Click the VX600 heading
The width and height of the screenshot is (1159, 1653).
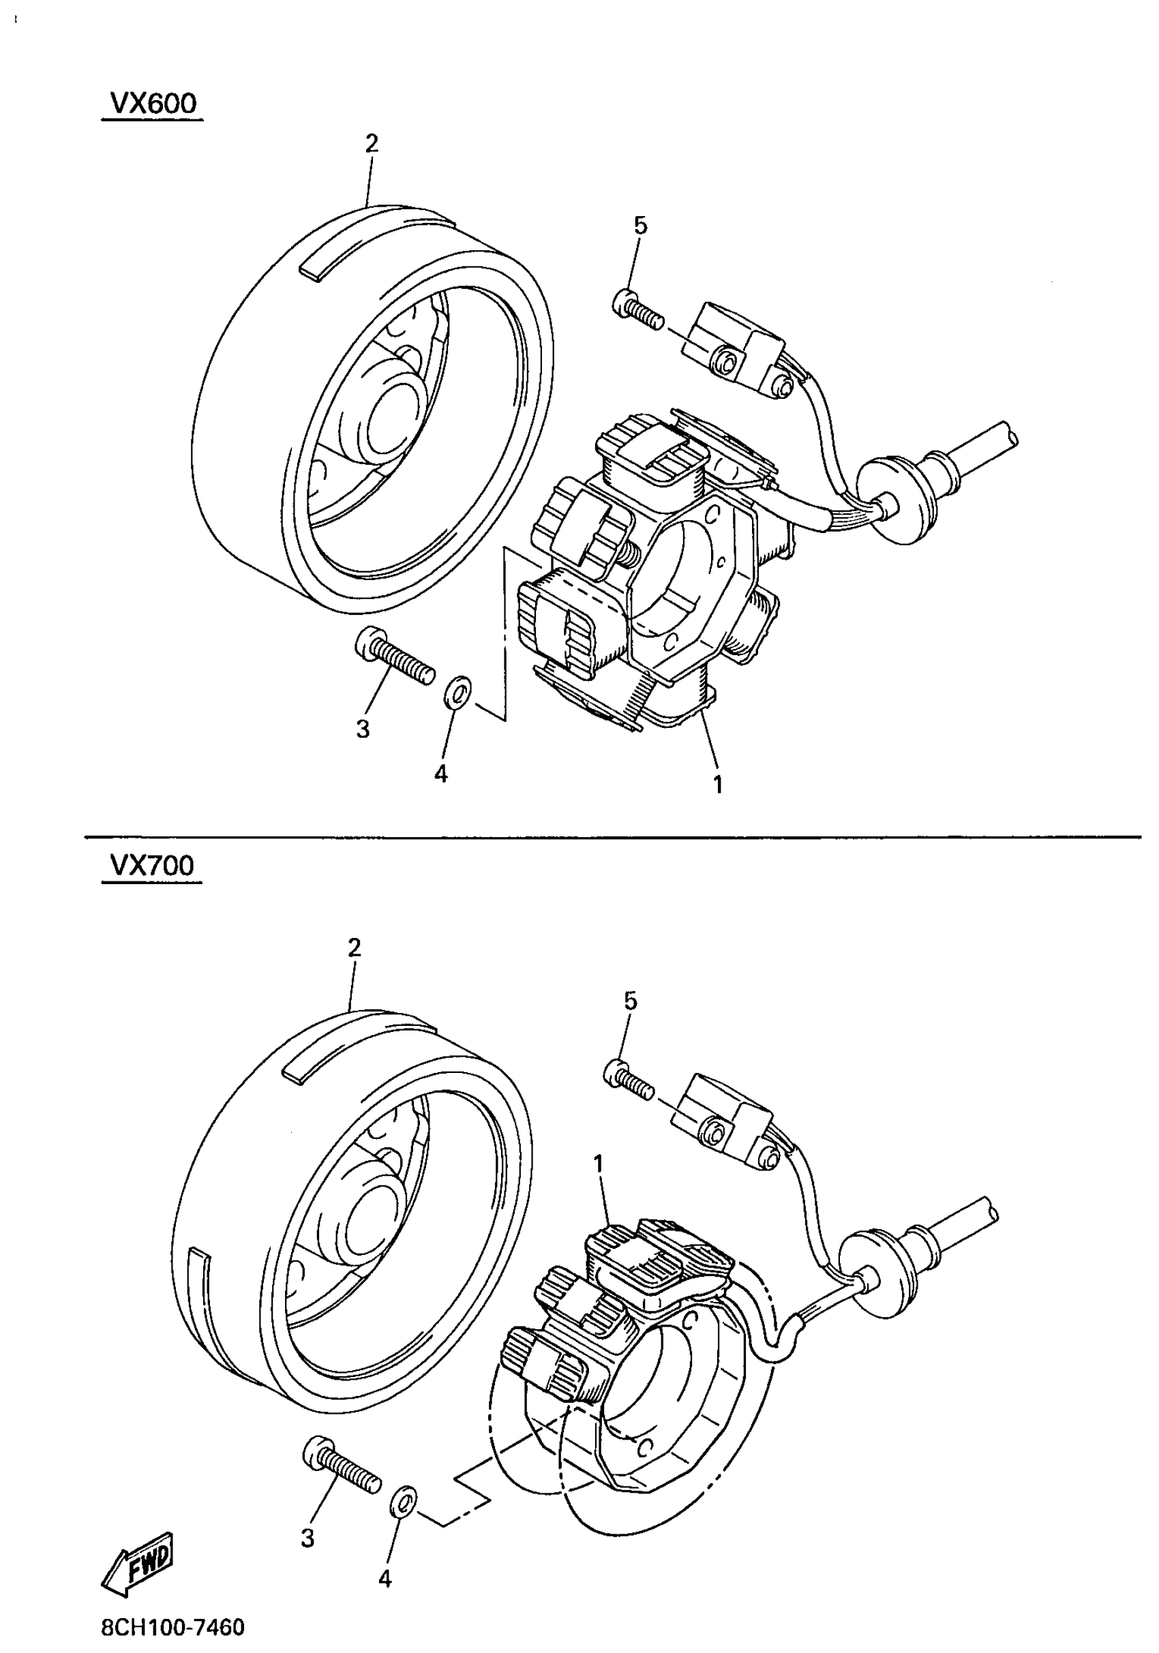(152, 104)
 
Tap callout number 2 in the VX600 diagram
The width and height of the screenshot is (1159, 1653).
(371, 143)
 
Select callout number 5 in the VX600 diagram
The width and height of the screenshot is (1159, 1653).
(640, 226)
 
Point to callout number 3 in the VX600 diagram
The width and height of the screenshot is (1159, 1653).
(363, 729)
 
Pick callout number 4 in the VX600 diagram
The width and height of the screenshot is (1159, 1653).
(440, 774)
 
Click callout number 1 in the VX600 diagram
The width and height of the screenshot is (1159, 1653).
(717, 784)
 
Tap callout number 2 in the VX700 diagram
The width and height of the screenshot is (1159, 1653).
(353, 947)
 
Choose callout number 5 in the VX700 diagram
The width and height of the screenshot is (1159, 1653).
(631, 1001)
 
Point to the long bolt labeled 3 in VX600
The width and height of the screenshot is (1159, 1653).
(395, 655)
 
